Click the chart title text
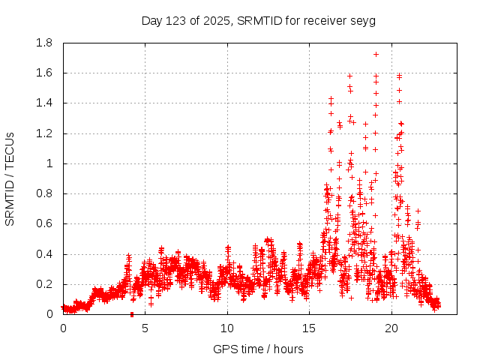click(x=258, y=20)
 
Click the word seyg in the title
click(x=363, y=20)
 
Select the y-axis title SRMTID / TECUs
click(x=10, y=178)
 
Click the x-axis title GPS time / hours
click(x=258, y=349)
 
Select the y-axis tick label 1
click(x=52, y=163)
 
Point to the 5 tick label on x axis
click(x=145, y=328)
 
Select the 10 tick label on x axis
click(x=227, y=328)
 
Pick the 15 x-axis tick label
click(x=310, y=328)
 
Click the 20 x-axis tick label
click(x=391, y=328)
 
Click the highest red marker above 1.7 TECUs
click(x=376, y=54)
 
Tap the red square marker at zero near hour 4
click(x=132, y=313)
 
